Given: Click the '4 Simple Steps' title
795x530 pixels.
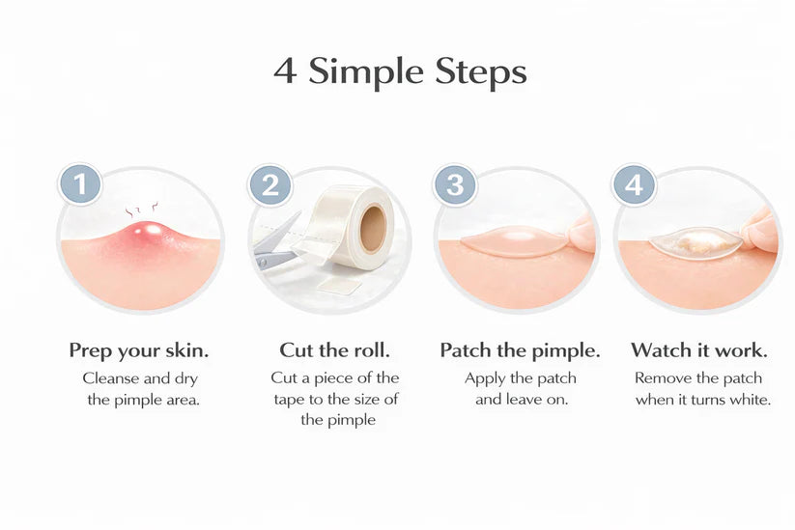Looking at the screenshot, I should [x=400, y=72].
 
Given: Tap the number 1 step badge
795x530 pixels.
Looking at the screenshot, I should [x=81, y=184].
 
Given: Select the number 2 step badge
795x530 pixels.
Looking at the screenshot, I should [x=270, y=184].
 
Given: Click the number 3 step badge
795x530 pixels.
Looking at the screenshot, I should [x=454, y=184].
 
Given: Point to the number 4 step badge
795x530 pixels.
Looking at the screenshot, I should [x=634, y=184].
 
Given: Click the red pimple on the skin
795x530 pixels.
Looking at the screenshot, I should [x=146, y=236].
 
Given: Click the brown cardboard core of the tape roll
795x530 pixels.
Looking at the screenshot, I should [x=373, y=229].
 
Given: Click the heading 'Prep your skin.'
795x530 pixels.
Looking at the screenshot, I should [x=139, y=349].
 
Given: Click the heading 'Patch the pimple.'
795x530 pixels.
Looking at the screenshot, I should [x=520, y=349].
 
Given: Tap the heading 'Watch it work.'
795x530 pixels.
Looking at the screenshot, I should [x=699, y=349].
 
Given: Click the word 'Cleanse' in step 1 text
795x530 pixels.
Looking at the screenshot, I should [x=111, y=378].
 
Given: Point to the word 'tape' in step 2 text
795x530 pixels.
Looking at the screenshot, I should [x=292, y=399].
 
